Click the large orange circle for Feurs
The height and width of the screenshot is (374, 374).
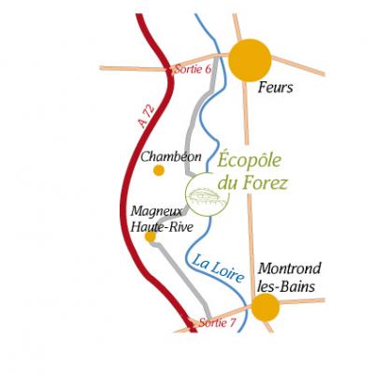(250, 60)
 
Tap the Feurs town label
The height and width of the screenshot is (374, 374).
(276, 88)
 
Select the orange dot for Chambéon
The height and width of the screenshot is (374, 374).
(159, 170)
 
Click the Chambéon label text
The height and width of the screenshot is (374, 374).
(171, 157)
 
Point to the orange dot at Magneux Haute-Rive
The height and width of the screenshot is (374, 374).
(151, 237)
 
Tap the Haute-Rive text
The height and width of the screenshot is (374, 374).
(162, 227)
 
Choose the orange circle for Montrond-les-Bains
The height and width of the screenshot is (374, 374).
(266, 308)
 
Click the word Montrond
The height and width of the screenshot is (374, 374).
(289, 268)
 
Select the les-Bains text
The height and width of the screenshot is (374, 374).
(286, 287)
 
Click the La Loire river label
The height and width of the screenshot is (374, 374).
(218, 268)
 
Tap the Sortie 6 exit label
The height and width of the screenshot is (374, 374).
(193, 69)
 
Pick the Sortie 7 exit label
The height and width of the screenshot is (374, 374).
(218, 323)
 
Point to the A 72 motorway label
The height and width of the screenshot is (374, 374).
(147, 116)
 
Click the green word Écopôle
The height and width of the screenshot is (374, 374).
(250, 160)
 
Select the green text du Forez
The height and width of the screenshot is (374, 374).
(252, 182)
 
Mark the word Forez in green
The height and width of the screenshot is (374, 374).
(265, 182)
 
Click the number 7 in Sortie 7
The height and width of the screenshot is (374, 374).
(233, 323)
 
